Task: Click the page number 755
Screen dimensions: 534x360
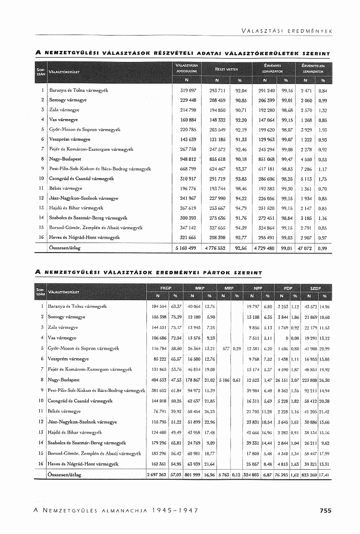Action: point(325,511)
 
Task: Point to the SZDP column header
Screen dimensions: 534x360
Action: point(316,287)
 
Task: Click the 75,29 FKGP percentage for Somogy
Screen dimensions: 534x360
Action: point(178,317)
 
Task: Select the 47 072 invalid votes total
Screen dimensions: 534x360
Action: point(305,248)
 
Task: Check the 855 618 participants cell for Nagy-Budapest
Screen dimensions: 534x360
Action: point(217,159)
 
